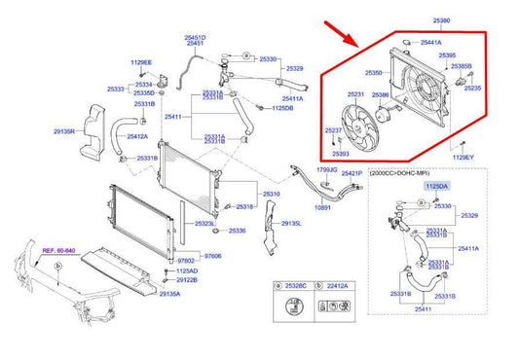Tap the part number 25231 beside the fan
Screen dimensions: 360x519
click(x=356, y=94)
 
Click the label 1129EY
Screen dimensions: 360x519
click(x=463, y=157)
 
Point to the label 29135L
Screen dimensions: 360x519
click(x=292, y=224)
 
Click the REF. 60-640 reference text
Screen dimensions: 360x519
click(x=60, y=251)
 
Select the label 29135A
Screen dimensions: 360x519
click(x=170, y=293)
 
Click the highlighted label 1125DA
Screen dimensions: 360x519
click(x=437, y=184)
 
